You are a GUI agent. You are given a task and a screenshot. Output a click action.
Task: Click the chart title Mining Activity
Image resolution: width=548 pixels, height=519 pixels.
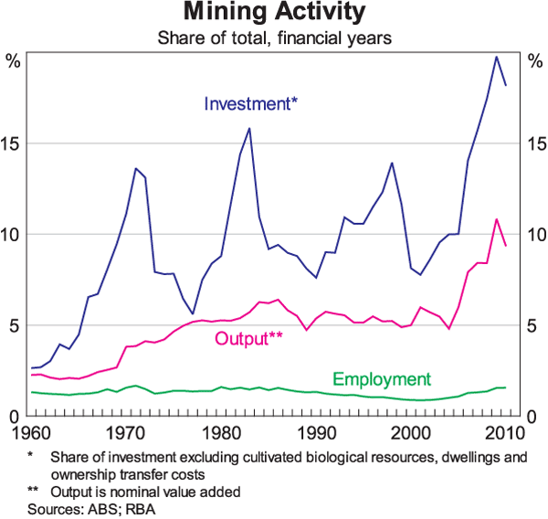(275, 14)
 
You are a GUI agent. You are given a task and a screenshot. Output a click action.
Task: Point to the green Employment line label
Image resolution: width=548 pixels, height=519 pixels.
(381, 378)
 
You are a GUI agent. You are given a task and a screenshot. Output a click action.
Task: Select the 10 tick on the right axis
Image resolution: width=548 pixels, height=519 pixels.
(532, 235)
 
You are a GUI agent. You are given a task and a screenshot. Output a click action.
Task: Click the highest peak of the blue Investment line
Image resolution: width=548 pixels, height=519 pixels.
(496, 57)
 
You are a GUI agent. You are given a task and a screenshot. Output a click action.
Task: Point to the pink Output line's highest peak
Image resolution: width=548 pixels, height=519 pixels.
(496, 219)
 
